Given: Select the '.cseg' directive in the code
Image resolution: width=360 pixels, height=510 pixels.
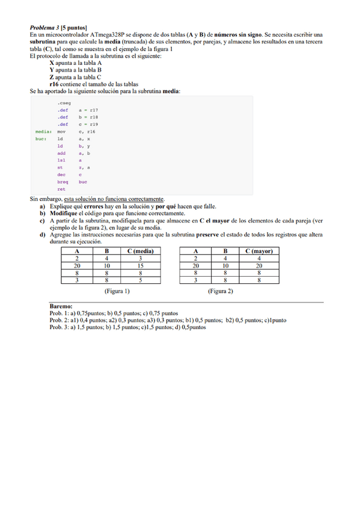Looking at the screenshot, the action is (63, 103).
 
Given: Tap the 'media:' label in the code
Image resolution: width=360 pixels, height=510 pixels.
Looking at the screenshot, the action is (43, 131).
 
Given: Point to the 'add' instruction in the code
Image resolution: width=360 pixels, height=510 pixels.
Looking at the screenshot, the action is (61, 153).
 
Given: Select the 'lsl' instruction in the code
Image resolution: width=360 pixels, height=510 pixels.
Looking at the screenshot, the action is (61, 160).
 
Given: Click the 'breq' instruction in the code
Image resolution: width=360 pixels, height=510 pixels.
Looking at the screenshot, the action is (63, 182).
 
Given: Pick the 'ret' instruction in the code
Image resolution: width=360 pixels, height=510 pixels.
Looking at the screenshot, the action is (61, 189).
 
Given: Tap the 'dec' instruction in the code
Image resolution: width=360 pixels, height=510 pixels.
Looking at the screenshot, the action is (61, 174).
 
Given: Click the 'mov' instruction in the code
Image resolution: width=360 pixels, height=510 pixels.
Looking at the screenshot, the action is (61, 131).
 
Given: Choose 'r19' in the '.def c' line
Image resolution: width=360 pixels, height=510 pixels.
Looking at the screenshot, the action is (93, 124).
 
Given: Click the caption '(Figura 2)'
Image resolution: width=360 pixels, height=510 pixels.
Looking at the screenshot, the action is (221, 291).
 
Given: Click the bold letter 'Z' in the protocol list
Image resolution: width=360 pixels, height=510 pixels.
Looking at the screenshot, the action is (52, 77).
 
